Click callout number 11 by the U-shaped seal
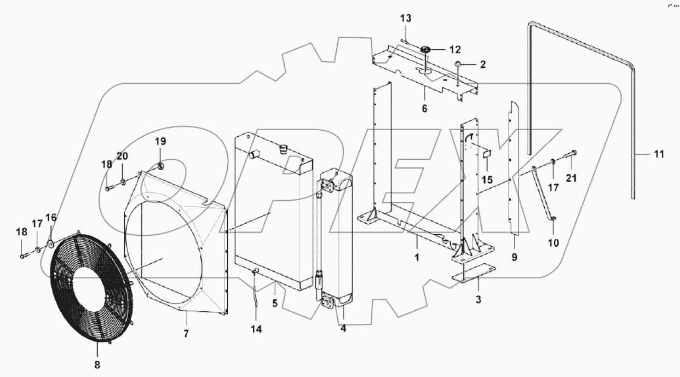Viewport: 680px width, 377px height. (658, 155)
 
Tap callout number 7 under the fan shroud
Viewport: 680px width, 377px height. (186, 333)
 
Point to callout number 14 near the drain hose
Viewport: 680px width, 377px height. (256, 329)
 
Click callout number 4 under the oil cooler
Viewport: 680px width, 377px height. (343, 329)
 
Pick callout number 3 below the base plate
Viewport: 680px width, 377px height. (479, 300)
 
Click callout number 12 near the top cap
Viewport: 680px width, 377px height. (455, 50)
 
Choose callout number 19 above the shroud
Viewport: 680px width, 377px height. (159, 141)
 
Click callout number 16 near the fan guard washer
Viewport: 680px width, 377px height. (51, 218)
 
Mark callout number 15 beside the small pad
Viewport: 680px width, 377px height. (486, 179)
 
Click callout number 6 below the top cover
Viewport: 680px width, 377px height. (424, 108)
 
